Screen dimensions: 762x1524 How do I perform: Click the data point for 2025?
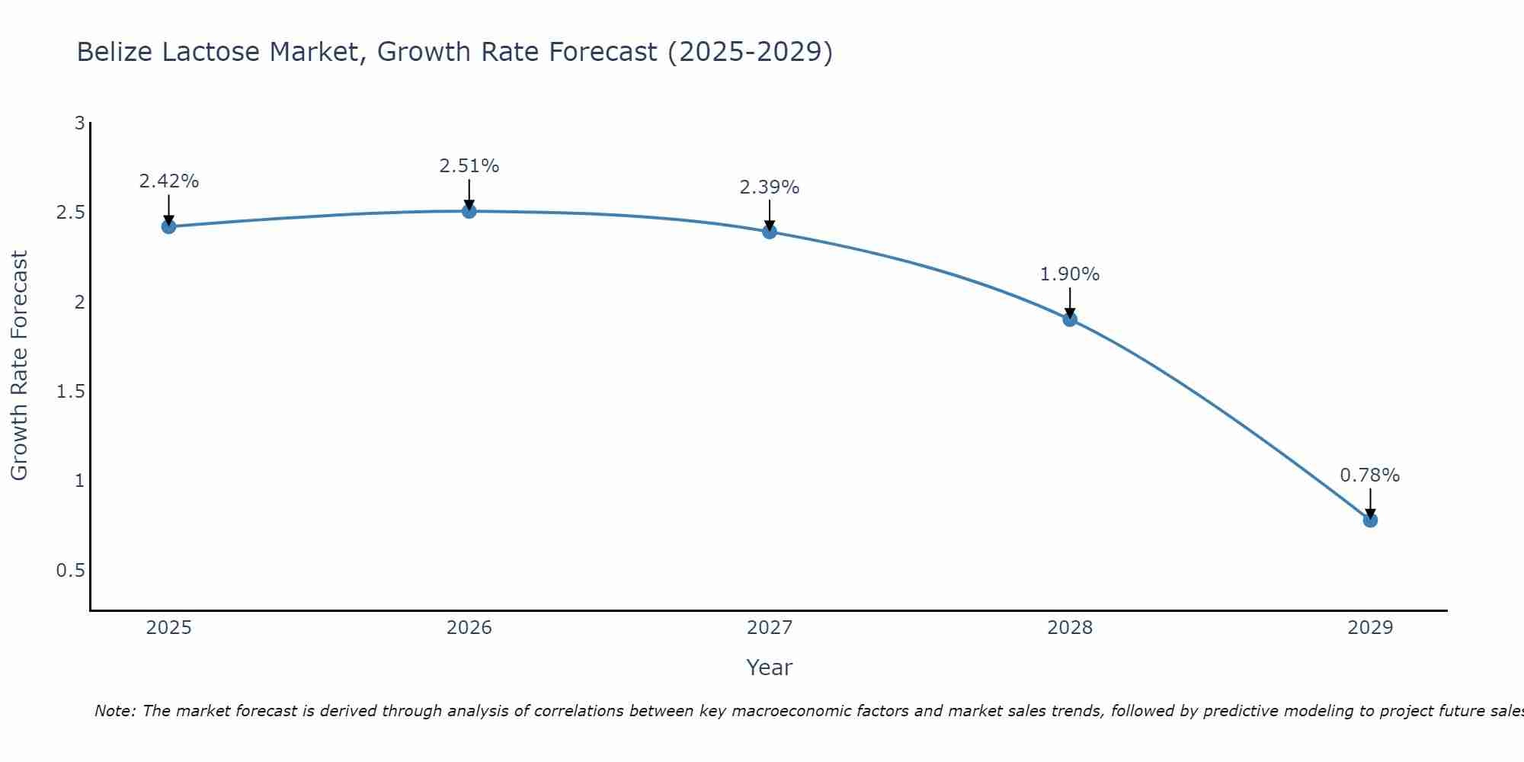(169, 226)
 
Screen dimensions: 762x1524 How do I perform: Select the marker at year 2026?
(469, 211)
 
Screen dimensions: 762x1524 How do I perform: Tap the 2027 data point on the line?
(770, 232)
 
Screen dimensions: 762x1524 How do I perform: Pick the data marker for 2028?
(1070, 319)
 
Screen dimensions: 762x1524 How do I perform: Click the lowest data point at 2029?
(1370, 520)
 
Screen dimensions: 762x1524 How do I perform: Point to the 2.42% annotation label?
(169, 181)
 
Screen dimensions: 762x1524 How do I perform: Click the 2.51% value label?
(469, 166)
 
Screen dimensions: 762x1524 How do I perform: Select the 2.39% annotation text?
(770, 187)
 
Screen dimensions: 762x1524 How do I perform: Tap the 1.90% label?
(1070, 274)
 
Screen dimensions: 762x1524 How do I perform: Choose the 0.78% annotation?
(1370, 475)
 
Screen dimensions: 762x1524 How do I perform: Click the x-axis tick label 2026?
(469, 628)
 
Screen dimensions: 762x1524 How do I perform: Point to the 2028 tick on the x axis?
(1070, 628)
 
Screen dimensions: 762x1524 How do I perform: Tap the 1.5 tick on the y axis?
(70, 392)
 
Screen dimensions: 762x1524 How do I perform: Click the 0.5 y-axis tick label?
(70, 571)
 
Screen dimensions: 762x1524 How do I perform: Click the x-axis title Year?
(770, 668)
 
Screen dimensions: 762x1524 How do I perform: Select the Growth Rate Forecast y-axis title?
(19, 366)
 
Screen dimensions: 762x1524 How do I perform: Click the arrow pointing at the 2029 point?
(1370, 503)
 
